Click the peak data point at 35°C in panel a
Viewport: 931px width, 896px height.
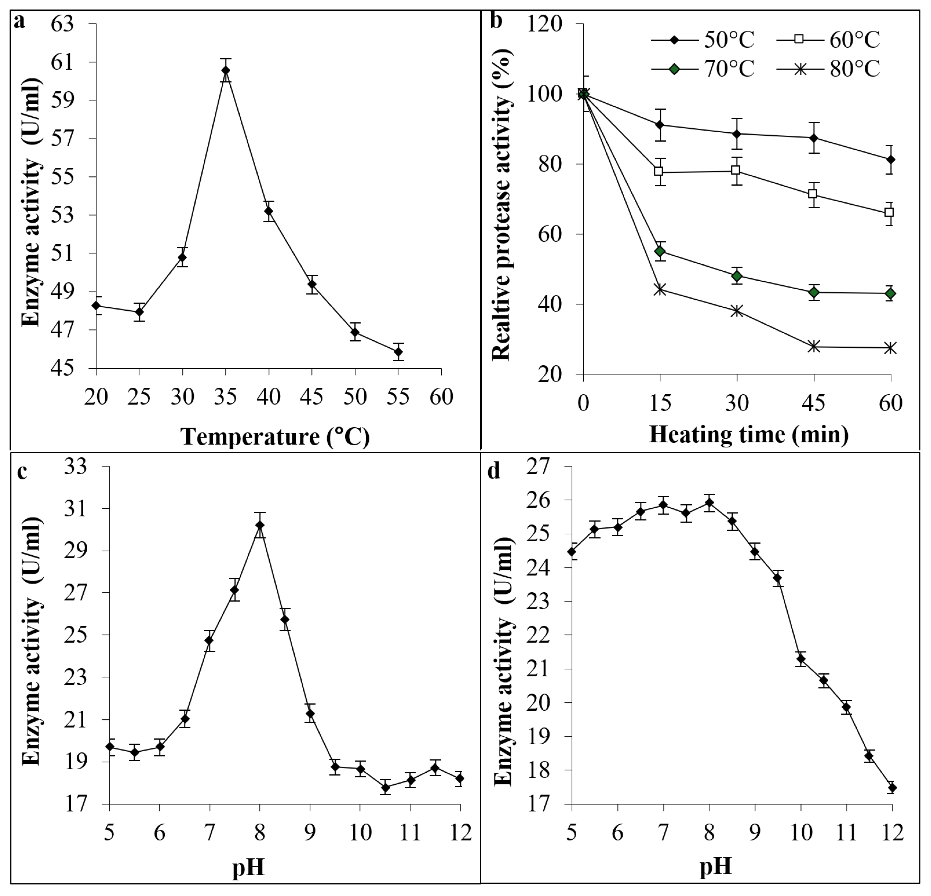pyautogui.click(x=226, y=70)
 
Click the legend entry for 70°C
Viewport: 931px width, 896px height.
pyautogui.click(x=703, y=69)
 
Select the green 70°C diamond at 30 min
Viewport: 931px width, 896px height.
pyautogui.click(x=737, y=276)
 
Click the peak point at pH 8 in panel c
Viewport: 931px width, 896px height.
pyautogui.click(x=259, y=525)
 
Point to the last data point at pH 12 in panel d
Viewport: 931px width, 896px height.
pyautogui.click(x=892, y=788)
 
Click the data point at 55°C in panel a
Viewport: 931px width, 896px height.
pyautogui.click(x=398, y=352)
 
